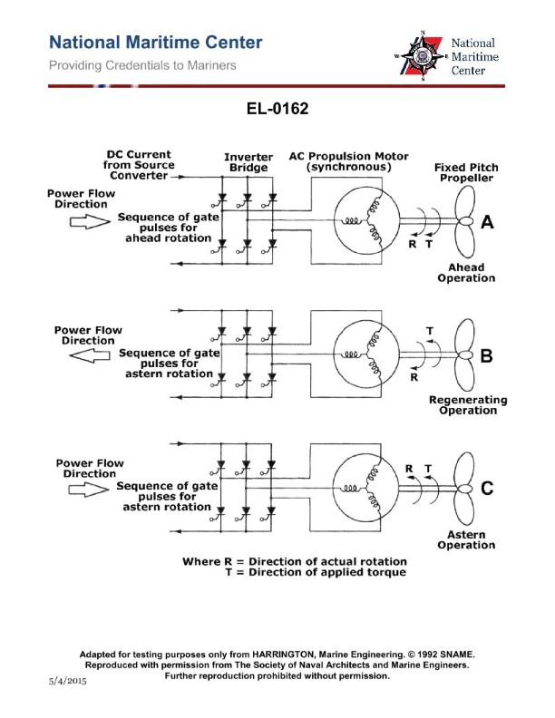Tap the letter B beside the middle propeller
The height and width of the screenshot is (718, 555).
tap(485, 357)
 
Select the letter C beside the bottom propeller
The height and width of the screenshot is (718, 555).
tap(487, 490)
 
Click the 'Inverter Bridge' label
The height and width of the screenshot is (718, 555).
tap(248, 163)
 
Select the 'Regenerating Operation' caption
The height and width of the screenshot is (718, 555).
tap(467, 405)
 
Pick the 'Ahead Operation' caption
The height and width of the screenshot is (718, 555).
tap(466, 273)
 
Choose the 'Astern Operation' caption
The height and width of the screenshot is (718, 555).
tap(466, 540)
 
